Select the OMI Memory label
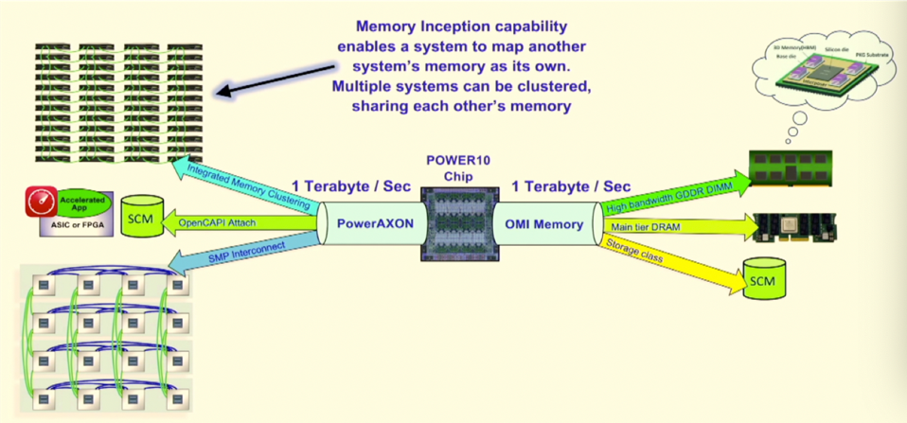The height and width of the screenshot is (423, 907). pos(543,224)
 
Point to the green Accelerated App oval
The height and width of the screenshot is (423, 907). pos(86,205)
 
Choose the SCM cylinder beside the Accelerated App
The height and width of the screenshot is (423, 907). pos(144,217)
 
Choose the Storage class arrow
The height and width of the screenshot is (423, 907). pos(663,259)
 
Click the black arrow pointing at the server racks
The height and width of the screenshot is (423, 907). pos(275,78)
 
